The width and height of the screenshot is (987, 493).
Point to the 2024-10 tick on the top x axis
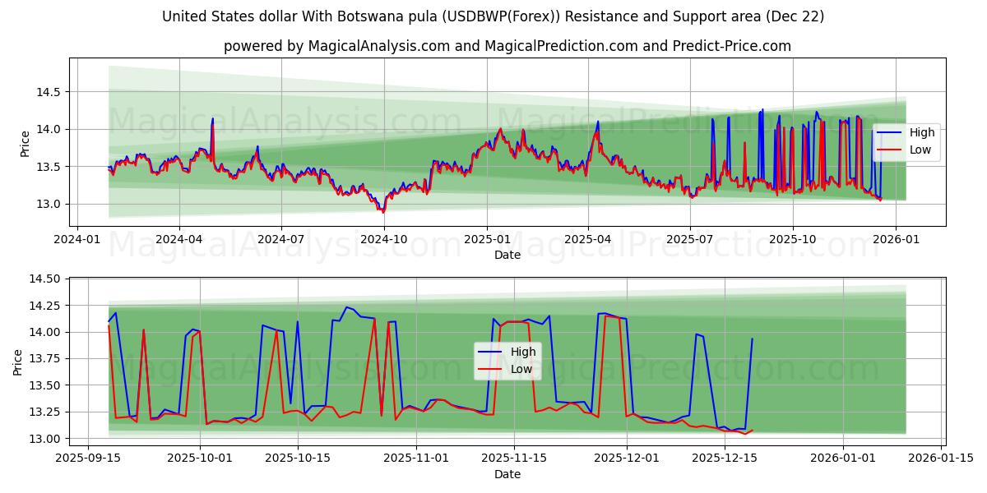pyautogui.click(x=384, y=239)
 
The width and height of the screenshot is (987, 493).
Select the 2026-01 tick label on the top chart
pyautogui.click(x=895, y=239)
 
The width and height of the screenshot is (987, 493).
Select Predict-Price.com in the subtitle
pyautogui.click(x=729, y=46)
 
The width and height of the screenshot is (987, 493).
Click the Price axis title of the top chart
pyautogui.click(x=25, y=143)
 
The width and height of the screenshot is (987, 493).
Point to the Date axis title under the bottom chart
pyautogui.click(x=507, y=474)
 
